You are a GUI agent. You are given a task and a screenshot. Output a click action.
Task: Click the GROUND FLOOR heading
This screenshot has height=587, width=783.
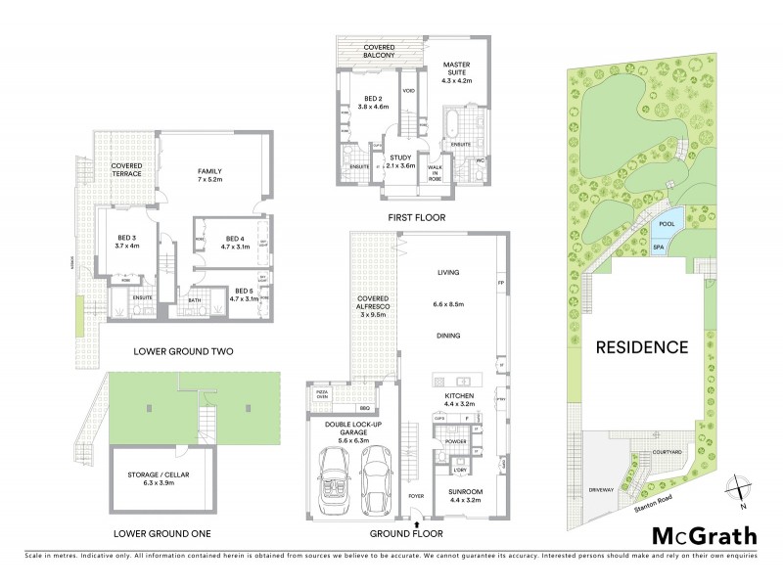point(406,534)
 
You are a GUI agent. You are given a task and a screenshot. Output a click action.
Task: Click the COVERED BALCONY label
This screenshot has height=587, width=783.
point(373,52)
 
